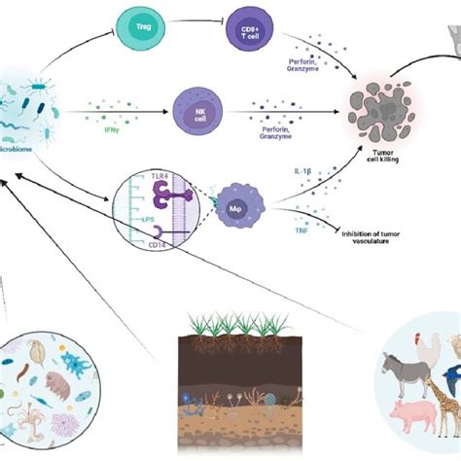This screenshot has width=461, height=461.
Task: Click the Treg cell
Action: (x=145, y=21)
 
